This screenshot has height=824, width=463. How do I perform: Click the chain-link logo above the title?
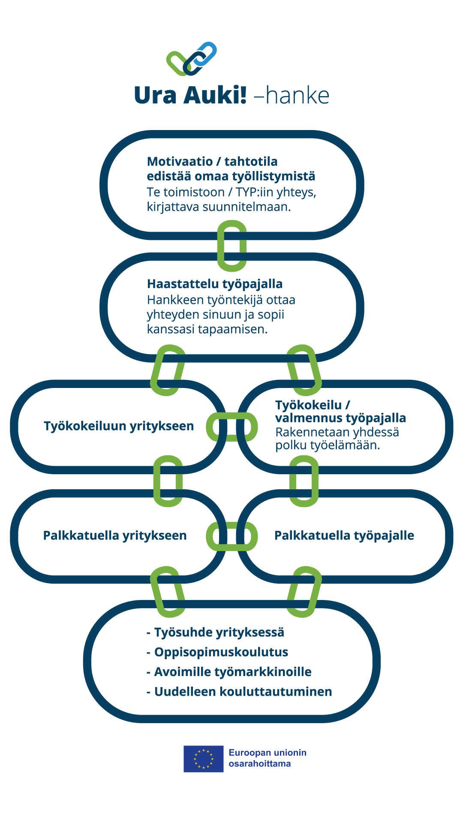192,59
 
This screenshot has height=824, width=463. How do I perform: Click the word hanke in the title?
298,96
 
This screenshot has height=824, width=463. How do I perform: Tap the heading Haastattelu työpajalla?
215,284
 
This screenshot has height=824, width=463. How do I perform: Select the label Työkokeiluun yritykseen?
119,426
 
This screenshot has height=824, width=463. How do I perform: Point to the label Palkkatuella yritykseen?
115,536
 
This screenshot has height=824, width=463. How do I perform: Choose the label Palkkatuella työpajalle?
344,536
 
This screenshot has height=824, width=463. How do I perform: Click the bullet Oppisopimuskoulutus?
221,652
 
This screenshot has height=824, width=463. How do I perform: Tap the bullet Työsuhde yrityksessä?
219,633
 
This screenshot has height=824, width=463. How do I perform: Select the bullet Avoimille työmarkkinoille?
233,672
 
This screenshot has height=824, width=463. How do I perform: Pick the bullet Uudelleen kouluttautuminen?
243,692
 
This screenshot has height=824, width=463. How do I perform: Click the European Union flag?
204,759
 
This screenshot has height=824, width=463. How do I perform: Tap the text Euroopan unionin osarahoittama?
267,758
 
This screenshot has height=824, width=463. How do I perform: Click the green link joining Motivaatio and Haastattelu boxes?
232,246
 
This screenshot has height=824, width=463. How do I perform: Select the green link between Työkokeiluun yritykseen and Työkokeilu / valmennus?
231,427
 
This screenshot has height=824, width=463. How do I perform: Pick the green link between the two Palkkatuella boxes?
231,536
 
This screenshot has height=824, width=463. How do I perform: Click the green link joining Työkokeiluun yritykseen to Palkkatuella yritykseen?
168,481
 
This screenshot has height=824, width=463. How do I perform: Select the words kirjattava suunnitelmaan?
219,207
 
